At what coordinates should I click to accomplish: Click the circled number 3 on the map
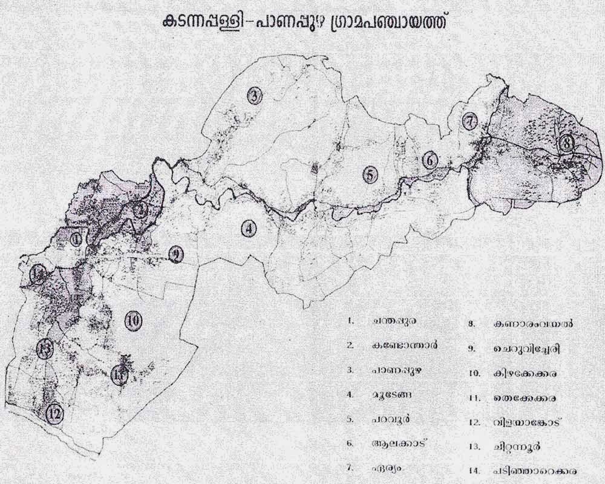255,96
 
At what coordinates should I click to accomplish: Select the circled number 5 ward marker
370,175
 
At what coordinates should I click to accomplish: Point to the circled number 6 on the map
430,160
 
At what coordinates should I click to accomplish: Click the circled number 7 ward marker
470,121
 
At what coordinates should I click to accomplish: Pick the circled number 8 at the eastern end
566,143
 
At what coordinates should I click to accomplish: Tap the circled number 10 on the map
134,321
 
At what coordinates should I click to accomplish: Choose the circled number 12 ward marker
56,414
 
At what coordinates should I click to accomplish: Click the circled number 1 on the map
76,239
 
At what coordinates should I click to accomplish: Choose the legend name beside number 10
525,374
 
